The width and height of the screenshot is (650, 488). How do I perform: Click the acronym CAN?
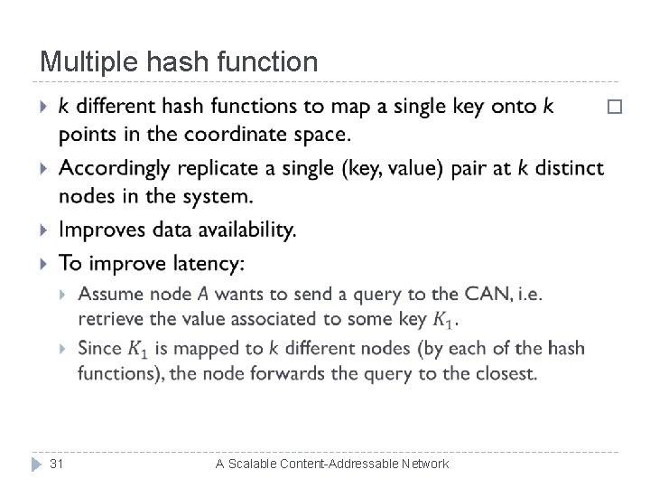pos(495,294)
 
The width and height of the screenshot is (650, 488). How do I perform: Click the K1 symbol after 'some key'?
pos(443,320)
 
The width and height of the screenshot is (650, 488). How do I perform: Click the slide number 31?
pos(56,464)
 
